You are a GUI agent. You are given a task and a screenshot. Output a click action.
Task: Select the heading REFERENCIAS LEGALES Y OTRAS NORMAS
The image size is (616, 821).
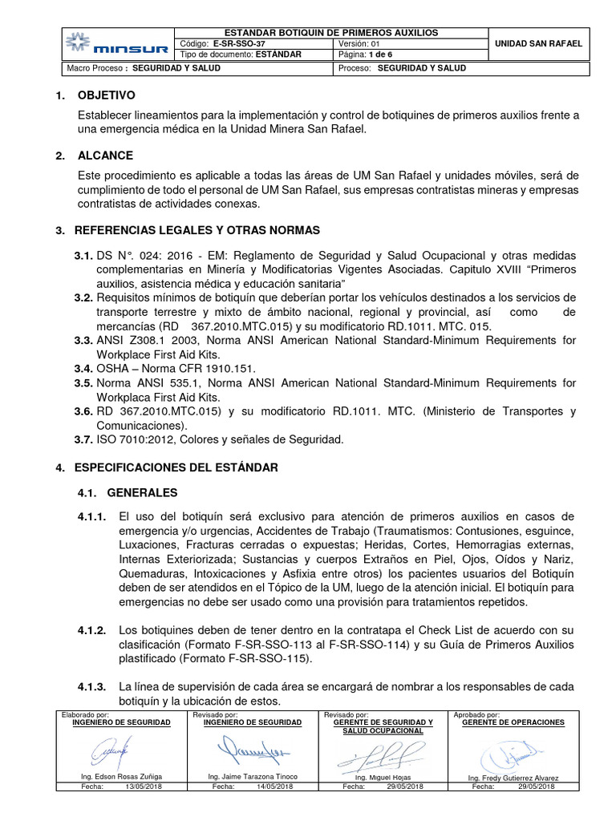(197, 230)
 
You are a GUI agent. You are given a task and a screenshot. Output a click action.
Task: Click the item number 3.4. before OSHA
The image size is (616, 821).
(83, 369)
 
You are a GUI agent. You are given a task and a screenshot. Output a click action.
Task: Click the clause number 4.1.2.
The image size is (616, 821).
(91, 629)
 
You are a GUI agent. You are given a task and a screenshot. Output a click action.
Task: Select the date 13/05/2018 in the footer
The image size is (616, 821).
(144, 787)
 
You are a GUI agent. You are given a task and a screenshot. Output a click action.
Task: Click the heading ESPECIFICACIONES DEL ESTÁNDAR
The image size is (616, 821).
(176, 467)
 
